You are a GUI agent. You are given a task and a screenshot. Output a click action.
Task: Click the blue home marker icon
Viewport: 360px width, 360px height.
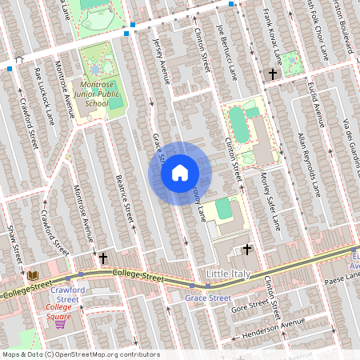point(180,172)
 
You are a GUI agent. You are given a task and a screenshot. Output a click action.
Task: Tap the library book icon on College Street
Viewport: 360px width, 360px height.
point(32,275)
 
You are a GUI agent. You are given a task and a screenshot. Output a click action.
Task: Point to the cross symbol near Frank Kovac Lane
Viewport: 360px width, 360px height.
point(273,74)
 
